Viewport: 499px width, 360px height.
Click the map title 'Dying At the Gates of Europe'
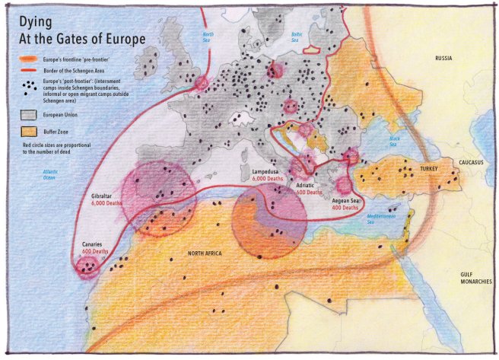tap(79, 27)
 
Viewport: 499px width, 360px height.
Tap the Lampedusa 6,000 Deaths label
tap(269, 177)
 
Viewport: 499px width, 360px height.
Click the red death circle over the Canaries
tap(89, 265)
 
